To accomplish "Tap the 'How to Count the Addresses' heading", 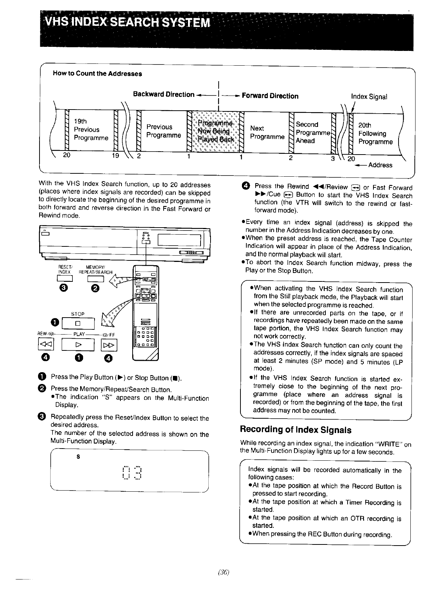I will click(98, 73).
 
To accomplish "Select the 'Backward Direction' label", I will click(164, 94).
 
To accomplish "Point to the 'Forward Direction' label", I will click(270, 96).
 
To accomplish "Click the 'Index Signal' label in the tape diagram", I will click(369, 97).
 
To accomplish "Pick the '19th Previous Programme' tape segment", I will click(91, 129).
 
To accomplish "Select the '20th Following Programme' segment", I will click(375, 134).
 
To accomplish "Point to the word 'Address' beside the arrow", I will click(380, 165).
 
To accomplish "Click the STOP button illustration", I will click(78, 324).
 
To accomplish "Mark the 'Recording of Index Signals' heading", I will click(295, 430).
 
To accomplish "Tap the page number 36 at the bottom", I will click(224, 572).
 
